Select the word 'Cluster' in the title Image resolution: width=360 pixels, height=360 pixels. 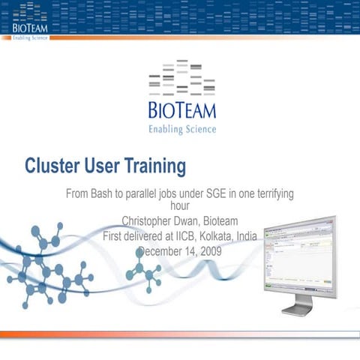pyautogui.click(x=52, y=164)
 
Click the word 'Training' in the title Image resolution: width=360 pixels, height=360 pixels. pyautogui.click(x=153, y=164)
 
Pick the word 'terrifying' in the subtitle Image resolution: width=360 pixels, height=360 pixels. pyautogui.click(x=270, y=193)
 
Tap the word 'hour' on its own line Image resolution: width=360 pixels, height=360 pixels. pyautogui.click(x=180, y=205)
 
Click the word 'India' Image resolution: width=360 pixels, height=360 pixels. pyautogui.click(x=247, y=235)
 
